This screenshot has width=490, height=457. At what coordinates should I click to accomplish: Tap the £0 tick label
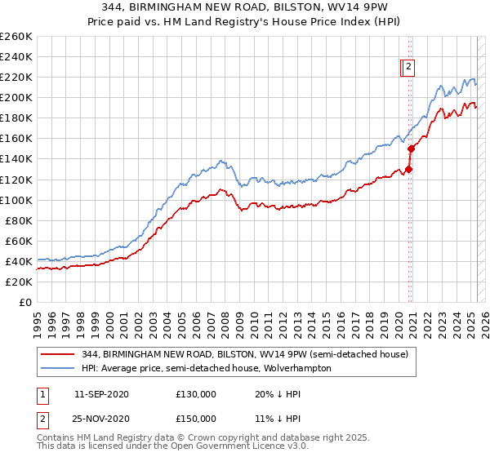[24, 302]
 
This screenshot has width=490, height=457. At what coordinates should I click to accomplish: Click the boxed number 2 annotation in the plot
[408, 68]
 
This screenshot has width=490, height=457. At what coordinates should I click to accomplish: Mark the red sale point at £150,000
[412, 149]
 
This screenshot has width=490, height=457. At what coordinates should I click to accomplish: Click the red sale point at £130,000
[408, 169]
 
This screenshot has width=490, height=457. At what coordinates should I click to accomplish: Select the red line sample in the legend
[59, 354]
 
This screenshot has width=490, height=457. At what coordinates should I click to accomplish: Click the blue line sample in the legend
[59, 368]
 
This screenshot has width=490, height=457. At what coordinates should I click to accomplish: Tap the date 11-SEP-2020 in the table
[102, 394]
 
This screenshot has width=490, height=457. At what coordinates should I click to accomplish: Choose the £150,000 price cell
[196, 419]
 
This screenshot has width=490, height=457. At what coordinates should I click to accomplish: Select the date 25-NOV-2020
[102, 419]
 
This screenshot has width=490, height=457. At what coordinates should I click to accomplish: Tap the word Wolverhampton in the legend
[299, 368]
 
